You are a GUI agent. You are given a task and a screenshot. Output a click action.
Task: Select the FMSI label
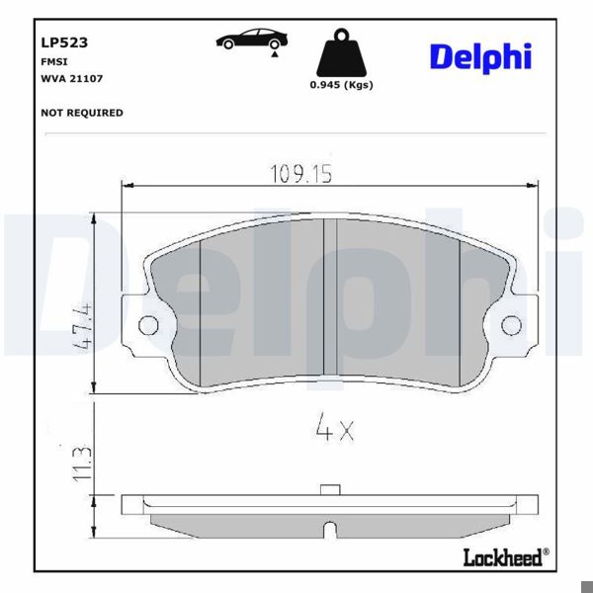(53, 61)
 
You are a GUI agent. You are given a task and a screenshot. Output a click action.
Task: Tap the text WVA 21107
(72, 78)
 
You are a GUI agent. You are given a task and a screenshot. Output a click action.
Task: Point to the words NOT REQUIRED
(82, 113)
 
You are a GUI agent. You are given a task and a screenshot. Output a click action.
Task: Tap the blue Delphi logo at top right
(479, 56)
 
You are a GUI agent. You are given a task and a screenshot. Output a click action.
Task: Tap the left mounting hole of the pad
(148, 325)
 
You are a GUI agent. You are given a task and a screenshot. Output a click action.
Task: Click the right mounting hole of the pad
(512, 325)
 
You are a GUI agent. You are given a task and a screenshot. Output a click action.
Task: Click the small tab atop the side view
(330, 489)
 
